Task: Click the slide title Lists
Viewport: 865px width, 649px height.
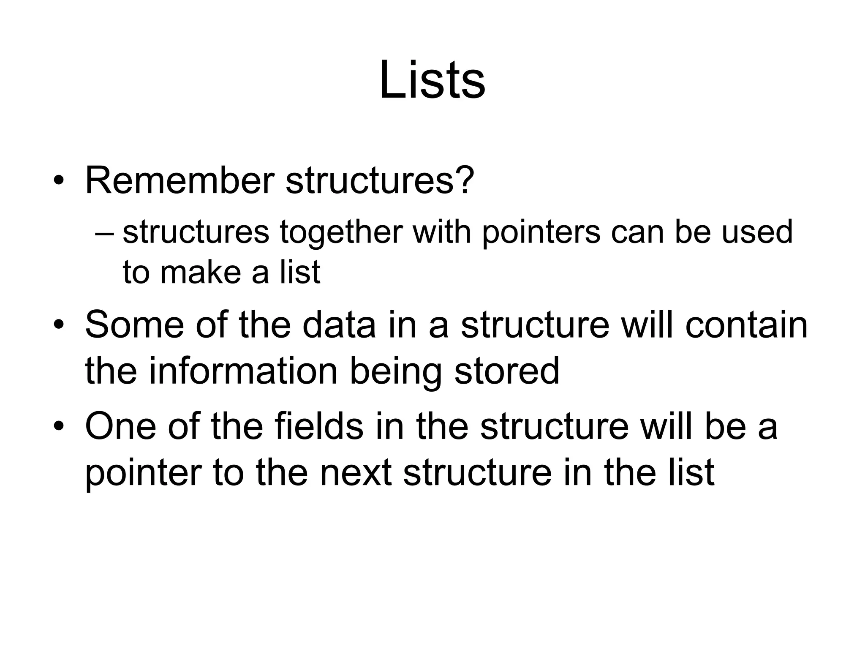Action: [432, 80]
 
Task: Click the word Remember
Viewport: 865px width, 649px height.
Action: [180, 180]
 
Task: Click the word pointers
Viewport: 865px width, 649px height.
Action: [541, 233]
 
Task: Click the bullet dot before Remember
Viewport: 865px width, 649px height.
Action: [59, 182]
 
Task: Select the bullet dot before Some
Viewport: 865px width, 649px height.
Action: [59, 326]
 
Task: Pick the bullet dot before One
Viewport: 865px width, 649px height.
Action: [59, 427]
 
